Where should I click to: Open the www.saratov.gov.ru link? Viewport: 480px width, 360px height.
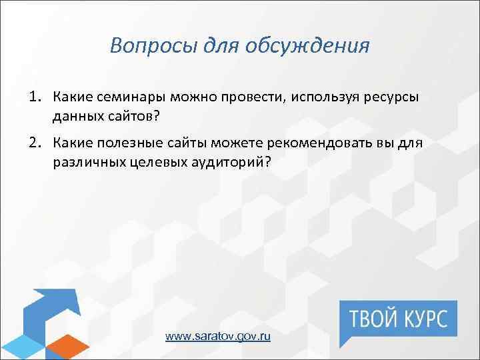218,337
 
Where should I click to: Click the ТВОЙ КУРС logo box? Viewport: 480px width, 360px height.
398,317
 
